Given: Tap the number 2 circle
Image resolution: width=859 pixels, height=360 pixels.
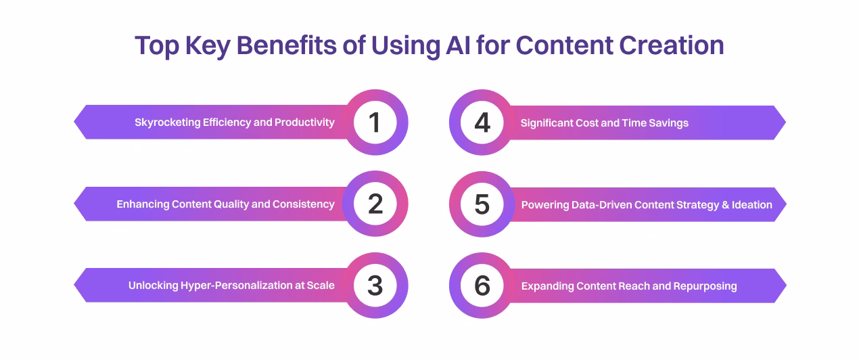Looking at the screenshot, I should click(375, 204).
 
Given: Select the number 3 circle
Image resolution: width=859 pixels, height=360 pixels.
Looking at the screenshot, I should click(375, 286).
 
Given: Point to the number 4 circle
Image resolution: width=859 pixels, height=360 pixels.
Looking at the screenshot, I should click(482, 122).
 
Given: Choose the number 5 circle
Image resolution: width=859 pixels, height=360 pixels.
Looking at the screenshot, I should click(482, 204).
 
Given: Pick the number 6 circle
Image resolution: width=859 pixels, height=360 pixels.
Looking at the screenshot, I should click(482, 286).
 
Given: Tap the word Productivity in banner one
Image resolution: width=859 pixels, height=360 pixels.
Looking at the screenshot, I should click(304, 122).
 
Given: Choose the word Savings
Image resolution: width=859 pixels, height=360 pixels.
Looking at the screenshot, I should click(668, 123).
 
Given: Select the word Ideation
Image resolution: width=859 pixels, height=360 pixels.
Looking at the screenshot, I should click(751, 205).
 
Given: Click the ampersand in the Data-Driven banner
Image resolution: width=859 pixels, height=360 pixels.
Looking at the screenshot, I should click(726, 205).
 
